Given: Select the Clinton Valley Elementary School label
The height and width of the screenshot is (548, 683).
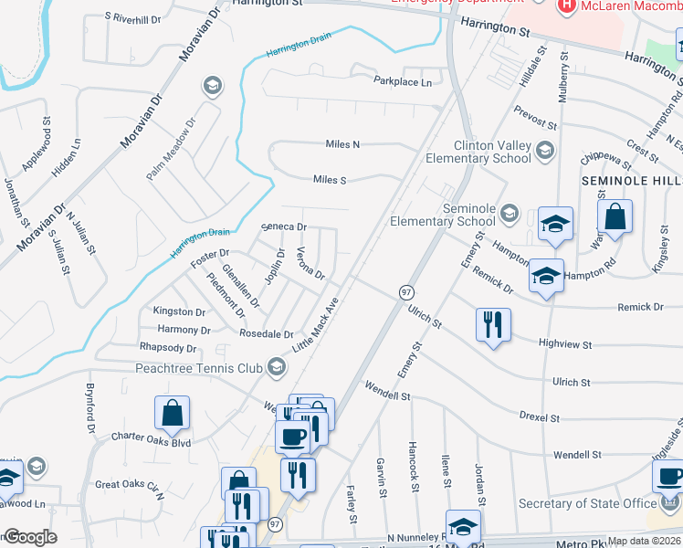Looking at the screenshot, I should coord(478,152).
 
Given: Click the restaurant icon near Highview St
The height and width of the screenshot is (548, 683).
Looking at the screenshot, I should coord(493,325).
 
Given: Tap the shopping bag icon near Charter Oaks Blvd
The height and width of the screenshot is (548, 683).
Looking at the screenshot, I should coord(172,414).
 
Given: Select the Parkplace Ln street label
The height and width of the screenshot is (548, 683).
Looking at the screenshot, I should coord(403,81).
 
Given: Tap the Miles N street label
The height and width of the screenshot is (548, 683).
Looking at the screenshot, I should coord(343,144).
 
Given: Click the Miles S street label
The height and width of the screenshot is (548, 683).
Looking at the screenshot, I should coord(330,180).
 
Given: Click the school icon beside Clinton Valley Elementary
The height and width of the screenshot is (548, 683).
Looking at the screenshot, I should coord(545,151).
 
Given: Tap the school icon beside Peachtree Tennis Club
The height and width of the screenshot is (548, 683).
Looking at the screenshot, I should coord(277,368).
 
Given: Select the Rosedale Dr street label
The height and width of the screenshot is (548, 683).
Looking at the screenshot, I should coord(266,334).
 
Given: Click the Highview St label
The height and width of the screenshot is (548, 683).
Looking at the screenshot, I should coord(565,345).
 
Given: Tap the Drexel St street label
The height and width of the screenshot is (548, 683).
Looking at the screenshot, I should coord(539,416).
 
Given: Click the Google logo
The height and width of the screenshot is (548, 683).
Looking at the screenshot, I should coord(30,537).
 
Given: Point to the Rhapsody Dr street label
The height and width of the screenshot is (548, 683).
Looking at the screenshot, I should coord(168,348).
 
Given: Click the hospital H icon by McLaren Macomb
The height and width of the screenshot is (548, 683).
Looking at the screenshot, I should coord(566,5).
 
